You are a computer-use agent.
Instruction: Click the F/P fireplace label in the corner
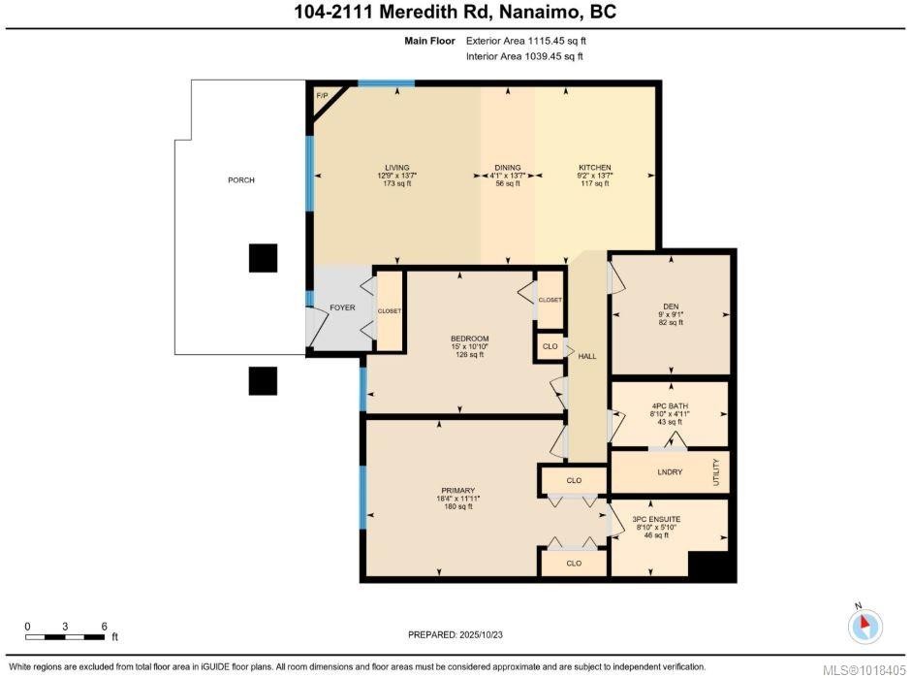[x=322, y=95]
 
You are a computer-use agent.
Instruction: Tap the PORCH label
[x=240, y=179]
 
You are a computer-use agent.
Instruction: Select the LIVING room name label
[x=397, y=168]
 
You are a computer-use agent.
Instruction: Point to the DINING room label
[x=508, y=168]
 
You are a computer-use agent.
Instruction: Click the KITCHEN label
[x=594, y=168]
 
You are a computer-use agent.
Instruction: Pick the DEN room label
[x=671, y=307]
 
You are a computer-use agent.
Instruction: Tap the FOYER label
[x=342, y=307]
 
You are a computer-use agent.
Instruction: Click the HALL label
[x=587, y=356]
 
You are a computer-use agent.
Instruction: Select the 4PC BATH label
[x=670, y=405]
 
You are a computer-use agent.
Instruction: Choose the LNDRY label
[x=670, y=472]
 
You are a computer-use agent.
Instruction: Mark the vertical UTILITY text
[x=716, y=472]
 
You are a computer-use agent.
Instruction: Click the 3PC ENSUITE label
[x=656, y=519]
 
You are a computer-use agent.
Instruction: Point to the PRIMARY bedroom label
[x=457, y=491]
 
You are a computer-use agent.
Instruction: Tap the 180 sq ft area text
[x=457, y=506]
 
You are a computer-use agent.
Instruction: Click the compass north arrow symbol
[x=865, y=626]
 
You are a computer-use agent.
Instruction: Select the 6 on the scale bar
[x=104, y=627]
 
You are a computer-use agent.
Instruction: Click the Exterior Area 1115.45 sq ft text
[x=526, y=41]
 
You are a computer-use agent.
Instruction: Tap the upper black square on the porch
[x=263, y=258]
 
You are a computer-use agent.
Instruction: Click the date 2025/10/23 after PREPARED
[x=481, y=634]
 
